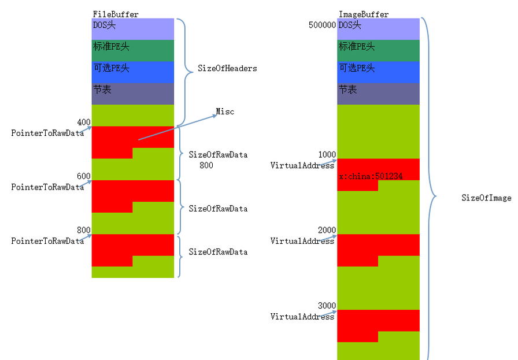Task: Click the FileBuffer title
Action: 116,14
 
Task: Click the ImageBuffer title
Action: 364,14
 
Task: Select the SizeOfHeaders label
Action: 227,68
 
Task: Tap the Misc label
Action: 225,112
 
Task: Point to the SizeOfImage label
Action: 486,198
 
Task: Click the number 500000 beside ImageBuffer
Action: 322,25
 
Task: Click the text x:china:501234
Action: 371,176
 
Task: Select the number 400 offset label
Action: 84,122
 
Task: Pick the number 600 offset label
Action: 84,176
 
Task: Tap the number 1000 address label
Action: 327,154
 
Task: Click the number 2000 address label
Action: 327,230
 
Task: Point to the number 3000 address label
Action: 327,306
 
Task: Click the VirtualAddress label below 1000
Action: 302,165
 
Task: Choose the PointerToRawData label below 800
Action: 47,241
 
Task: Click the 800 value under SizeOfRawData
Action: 206,165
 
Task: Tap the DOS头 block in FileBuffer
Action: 133,29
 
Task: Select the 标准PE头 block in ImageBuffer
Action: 378,50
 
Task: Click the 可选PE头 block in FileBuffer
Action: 133,72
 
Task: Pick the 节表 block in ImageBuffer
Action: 378,94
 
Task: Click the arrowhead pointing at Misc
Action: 214,116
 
